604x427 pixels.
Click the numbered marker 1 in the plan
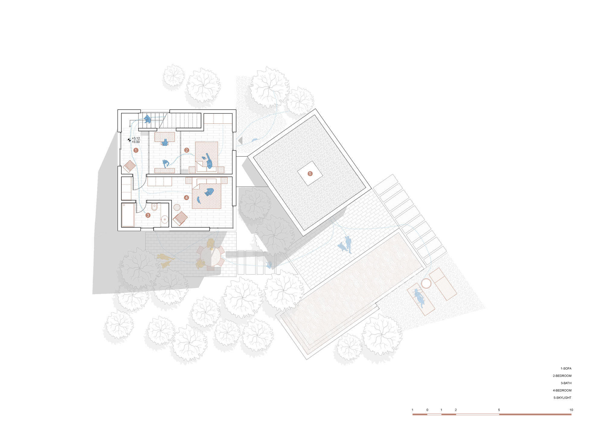pyautogui.click(x=136, y=150)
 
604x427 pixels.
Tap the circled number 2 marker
pyautogui.click(x=187, y=150)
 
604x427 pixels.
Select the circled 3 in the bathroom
pyautogui.click(x=148, y=215)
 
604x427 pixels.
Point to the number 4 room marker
pyautogui.click(x=186, y=197)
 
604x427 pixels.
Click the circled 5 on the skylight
pyautogui.click(x=310, y=174)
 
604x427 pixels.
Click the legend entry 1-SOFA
pyautogui.click(x=566, y=368)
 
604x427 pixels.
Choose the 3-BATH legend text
pyautogui.click(x=566, y=383)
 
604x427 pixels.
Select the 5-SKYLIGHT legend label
pyautogui.click(x=562, y=398)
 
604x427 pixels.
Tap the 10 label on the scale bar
pyautogui.click(x=571, y=410)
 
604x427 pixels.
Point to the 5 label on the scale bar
pyautogui.click(x=499, y=410)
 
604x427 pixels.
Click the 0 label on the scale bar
pyautogui.click(x=427, y=410)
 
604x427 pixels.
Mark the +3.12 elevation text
pyautogui.click(x=136, y=138)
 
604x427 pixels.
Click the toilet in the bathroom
pyautogui.click(x=154, y=207)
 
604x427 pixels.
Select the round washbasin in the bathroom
pyautogui.click(x=165, y=219)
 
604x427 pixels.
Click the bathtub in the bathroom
pyautogui.click(x=128, y=215)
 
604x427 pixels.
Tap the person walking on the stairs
pyautogui.click(x=147, y=119)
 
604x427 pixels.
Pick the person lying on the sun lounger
pyautogui.click(x=419, y=297)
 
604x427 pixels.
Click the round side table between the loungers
pyautogui.click(x=426, y=284)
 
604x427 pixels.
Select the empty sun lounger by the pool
pyautogui.click(x=443, y=284)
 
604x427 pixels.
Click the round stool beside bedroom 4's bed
pyautogui.click(x=177, y=207)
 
